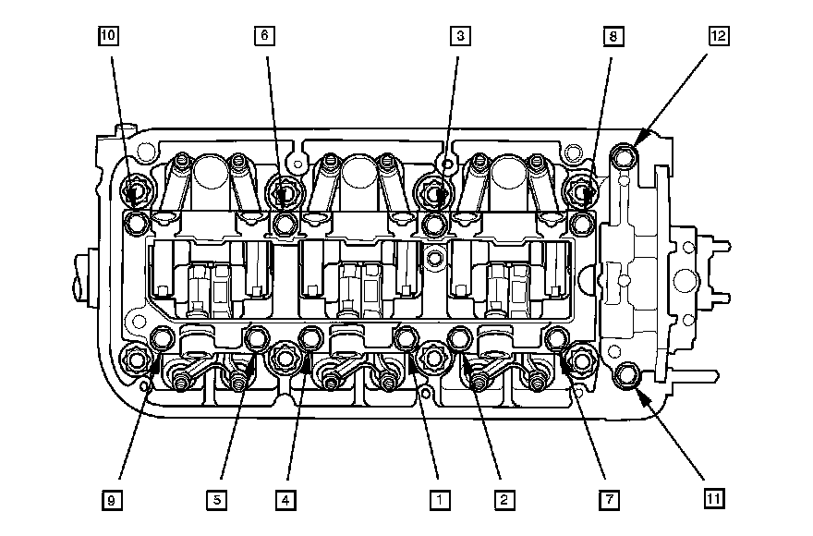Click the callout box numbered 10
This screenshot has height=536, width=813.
tap(109, 36)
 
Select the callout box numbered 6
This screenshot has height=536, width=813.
tap(264, 36)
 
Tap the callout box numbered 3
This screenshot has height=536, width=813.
tap(459, 36)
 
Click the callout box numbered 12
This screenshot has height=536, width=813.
tap(718, 36)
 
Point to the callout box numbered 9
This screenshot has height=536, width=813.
tap(111, 500)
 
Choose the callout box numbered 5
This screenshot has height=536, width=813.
tap(216, 500)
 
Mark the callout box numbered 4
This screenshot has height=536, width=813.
tap(286, 500)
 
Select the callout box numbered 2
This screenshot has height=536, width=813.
tap(503, 500)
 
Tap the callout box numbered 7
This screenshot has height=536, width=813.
tap(608, 500)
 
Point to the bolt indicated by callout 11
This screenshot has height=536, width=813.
tap(630, 375)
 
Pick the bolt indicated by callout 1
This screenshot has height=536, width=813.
tap(406, 340)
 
